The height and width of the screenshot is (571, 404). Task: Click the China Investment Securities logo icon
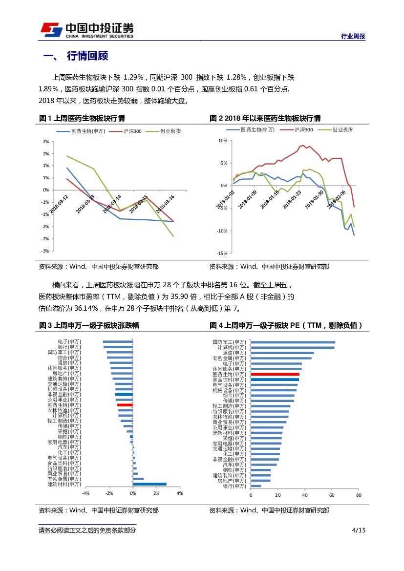click(x=51, y=30)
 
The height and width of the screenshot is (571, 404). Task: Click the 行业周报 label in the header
click(x=352, y=37)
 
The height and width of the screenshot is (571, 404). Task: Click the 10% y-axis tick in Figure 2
click(x=222, y=141)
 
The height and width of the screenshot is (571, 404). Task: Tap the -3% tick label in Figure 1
click(x=45, y=251)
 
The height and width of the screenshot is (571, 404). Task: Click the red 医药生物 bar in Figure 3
click(x=125, y=405)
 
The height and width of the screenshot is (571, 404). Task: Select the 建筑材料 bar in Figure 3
click(x=149, y=484)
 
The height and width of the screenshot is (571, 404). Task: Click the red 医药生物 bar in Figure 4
click(x=275, y=374)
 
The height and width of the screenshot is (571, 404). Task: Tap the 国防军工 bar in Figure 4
click(x=293, y=342)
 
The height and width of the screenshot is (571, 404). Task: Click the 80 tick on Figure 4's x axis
click(x=358, y=495)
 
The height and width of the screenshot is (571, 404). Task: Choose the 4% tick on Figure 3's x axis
click(x=179, y=493)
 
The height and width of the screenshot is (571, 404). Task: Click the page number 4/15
click(x=359, y=530)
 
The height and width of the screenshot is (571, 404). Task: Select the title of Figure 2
click(x=265, y=118)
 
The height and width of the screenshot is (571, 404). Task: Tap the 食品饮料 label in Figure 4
click(x=230, y=380)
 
